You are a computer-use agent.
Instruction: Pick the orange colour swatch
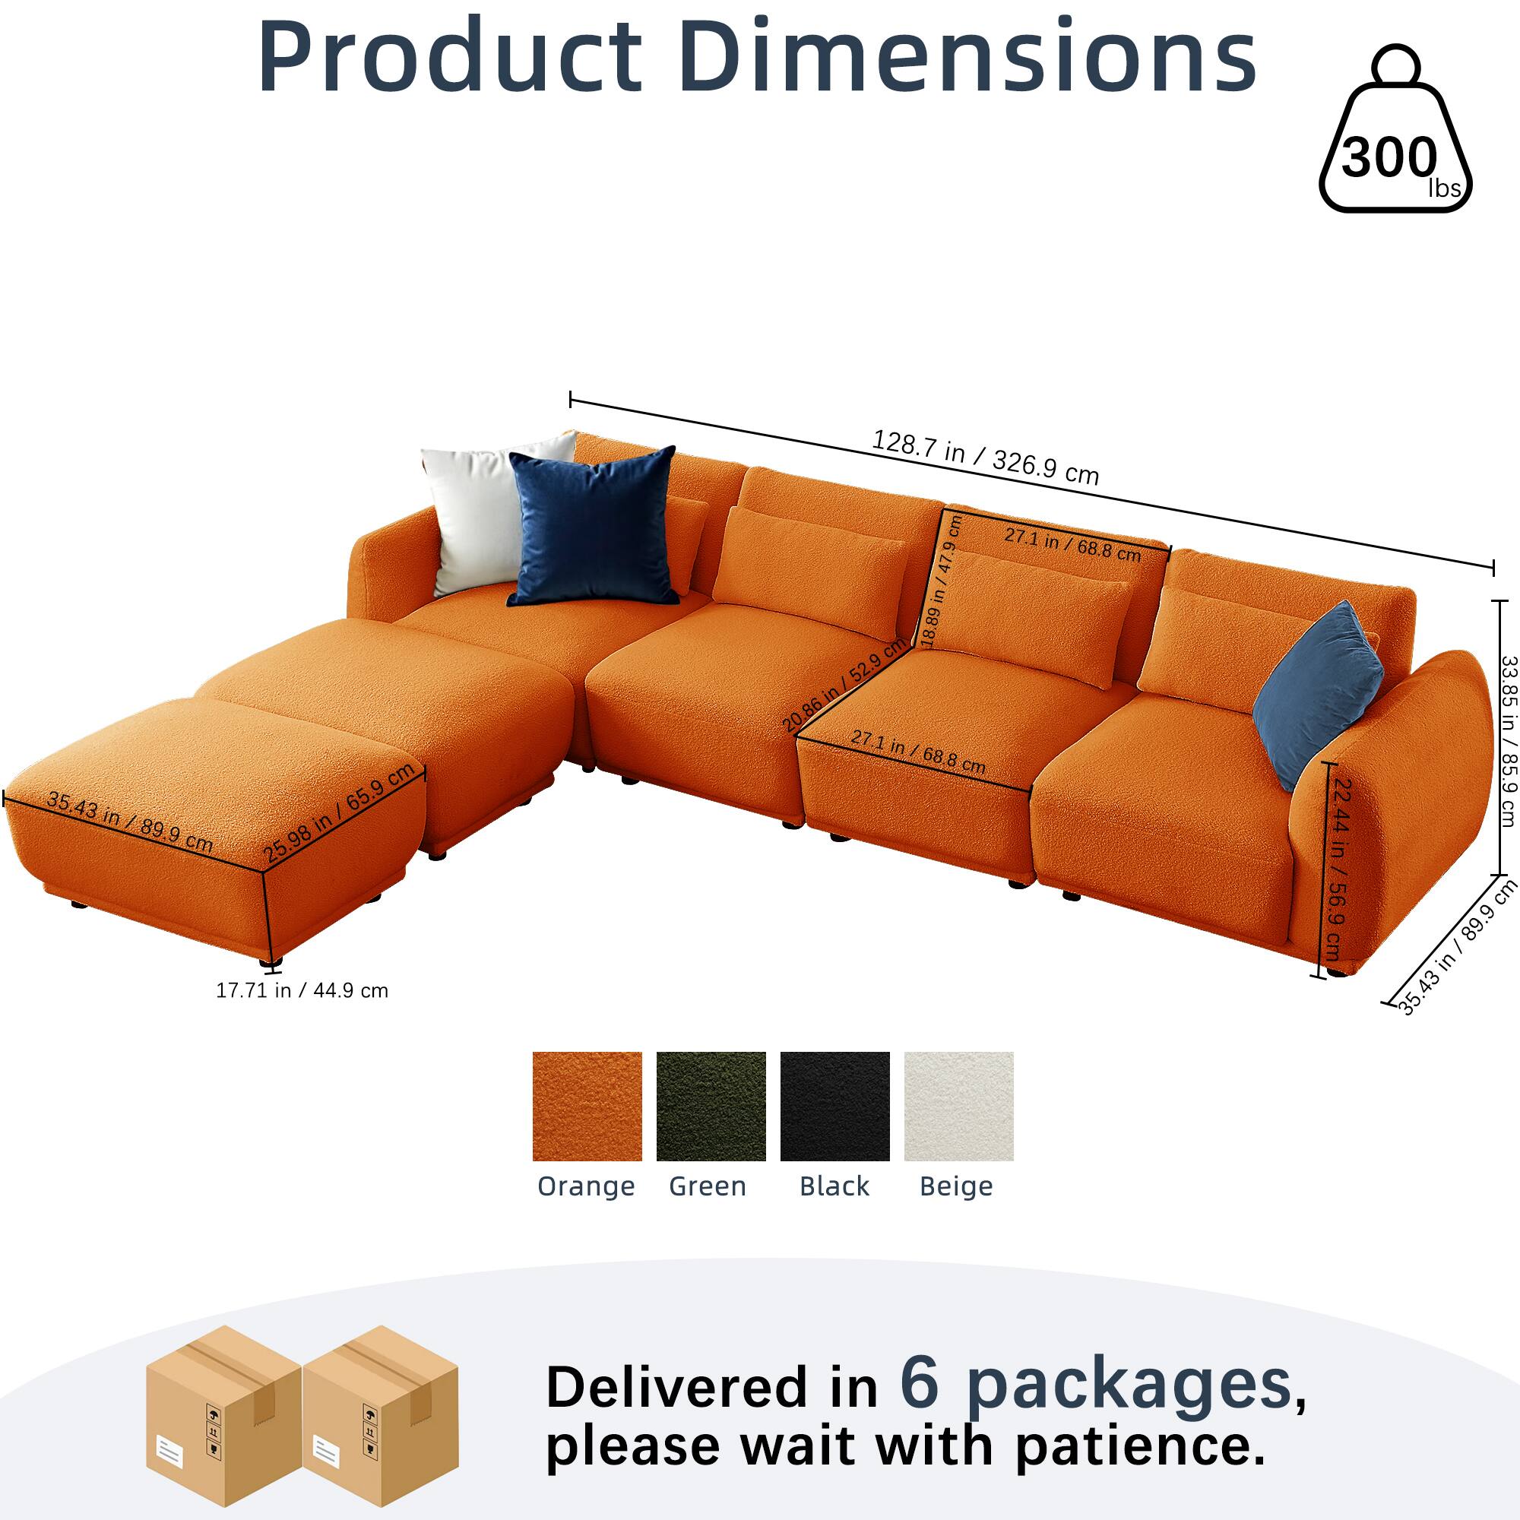(x=587, y=1106)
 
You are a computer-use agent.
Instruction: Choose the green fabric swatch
(x=711, y=1106)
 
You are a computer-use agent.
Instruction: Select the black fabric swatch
(x=834, y=1106)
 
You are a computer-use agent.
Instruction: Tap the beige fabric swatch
(x=958, y=1106)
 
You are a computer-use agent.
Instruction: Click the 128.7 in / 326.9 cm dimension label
(x=985, y=457)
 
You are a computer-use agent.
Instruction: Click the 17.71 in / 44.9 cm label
(x=302, y=990)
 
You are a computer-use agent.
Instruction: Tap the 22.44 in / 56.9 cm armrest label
(x=1341, y=869)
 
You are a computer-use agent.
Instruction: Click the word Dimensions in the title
(x=969, y=57)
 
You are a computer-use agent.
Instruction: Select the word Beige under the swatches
(x=956, y=1186)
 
